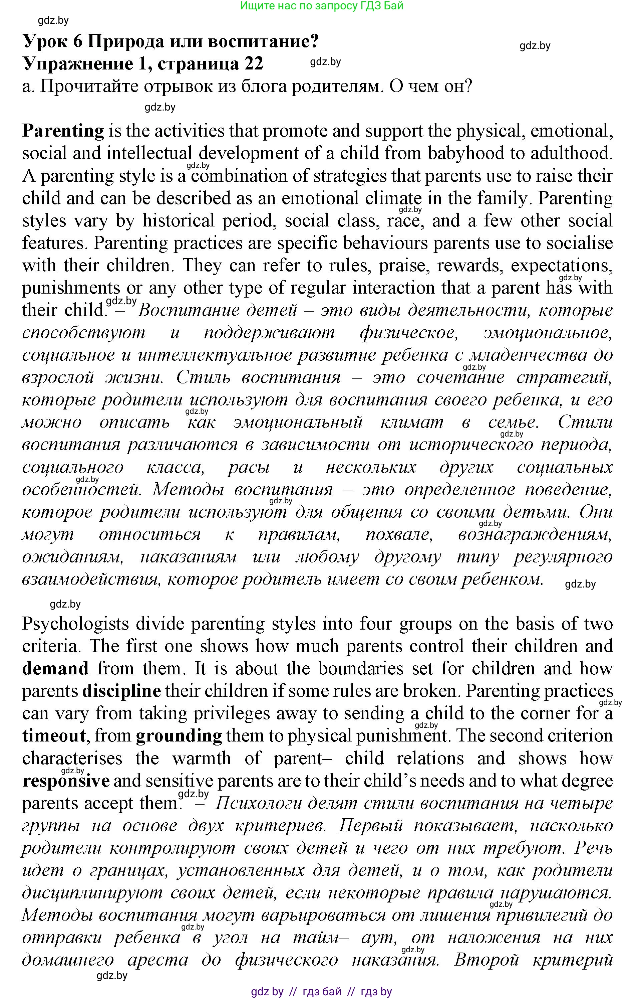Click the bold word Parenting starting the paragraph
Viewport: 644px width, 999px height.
point(63,131)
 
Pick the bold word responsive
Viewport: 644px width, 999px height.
point(66,781)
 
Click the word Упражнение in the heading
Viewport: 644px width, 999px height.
point(77,63)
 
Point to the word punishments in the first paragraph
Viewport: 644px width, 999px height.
point(71,288)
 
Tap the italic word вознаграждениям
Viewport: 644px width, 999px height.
point(535,534)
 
